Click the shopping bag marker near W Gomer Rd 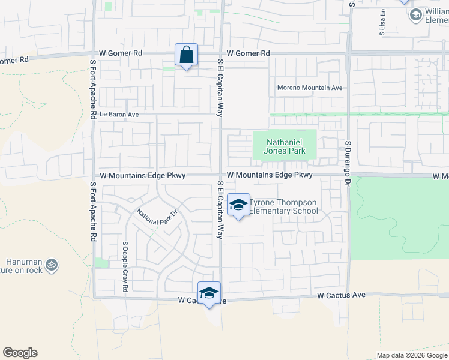(x=187, y=55)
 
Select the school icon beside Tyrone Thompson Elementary (x=238, y=205)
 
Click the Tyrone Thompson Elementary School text (x=283, y=206)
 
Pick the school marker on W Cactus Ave (x=209, y=293)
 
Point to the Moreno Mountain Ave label (x=309, y=88)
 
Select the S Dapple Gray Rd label (x=125, y=267)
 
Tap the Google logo (x=20, y=353)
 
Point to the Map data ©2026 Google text (x=412, y=355)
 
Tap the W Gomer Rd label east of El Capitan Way (x=248, y=53)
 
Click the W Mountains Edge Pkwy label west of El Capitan (x=143, y=175)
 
